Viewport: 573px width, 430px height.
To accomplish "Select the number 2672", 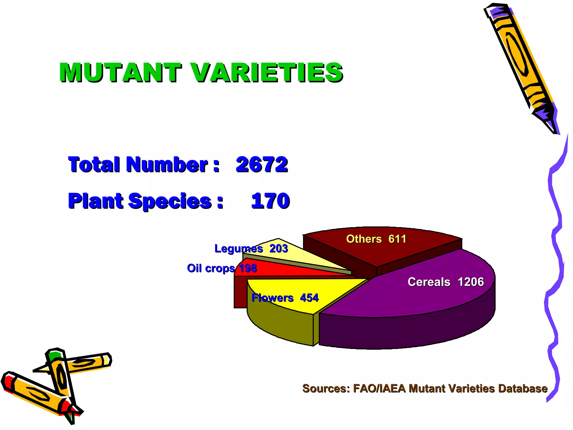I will click(x=262, y=164).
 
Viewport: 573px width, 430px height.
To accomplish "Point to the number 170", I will click(x=270, y=201).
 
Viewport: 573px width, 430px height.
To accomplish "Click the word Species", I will click(x=170, y=201).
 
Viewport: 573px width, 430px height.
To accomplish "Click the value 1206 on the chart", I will click(x=471, y=282).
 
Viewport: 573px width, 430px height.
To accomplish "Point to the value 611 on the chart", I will click(x=397, y=239).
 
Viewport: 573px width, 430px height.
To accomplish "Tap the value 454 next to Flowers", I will click(x=309, y=298).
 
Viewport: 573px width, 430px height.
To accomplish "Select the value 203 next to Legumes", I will click(x=279, y=249).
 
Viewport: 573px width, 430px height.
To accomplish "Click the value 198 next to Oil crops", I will click(x=248, y=268).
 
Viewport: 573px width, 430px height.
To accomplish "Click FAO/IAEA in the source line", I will click(x=379, y=389).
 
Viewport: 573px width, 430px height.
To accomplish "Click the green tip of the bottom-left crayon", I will click(x=54, y=355).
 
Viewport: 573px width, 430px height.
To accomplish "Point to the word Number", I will click(x=167, y=164).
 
